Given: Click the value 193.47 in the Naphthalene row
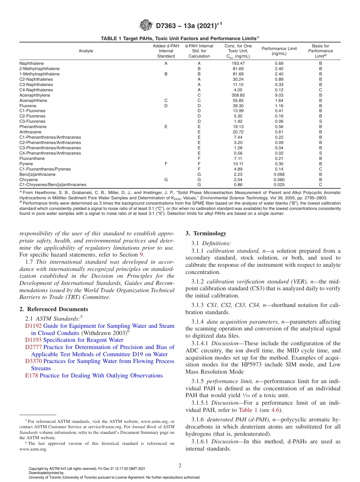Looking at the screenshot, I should point(238,63).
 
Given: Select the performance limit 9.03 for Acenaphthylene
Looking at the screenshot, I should point(279,95).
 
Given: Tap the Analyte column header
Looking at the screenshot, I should point(86,51).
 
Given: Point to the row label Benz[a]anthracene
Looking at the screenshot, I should point(38,174).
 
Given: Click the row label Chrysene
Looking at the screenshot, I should point(29,180).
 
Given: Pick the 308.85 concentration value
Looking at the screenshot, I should point(238,95).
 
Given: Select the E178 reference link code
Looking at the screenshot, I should point(31,376).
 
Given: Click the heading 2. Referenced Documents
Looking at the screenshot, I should point(49,309).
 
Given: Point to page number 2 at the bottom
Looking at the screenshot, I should point(180,466).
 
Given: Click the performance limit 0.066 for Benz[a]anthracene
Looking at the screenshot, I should point(279,174).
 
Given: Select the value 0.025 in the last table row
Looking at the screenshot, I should point(279,185).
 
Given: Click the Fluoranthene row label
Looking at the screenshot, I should point(32,158).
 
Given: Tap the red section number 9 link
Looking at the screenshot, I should point(142,255).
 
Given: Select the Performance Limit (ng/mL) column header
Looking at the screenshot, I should point(279,51).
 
